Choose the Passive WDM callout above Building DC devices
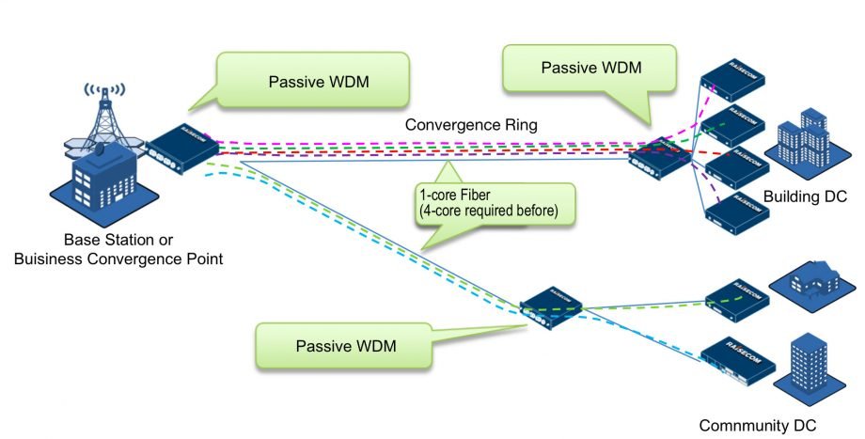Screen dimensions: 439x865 click(589, 70)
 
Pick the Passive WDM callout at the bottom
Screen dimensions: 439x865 click(343, 346)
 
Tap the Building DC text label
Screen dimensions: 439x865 click(806, 196)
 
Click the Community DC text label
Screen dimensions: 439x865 click(758, 424)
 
